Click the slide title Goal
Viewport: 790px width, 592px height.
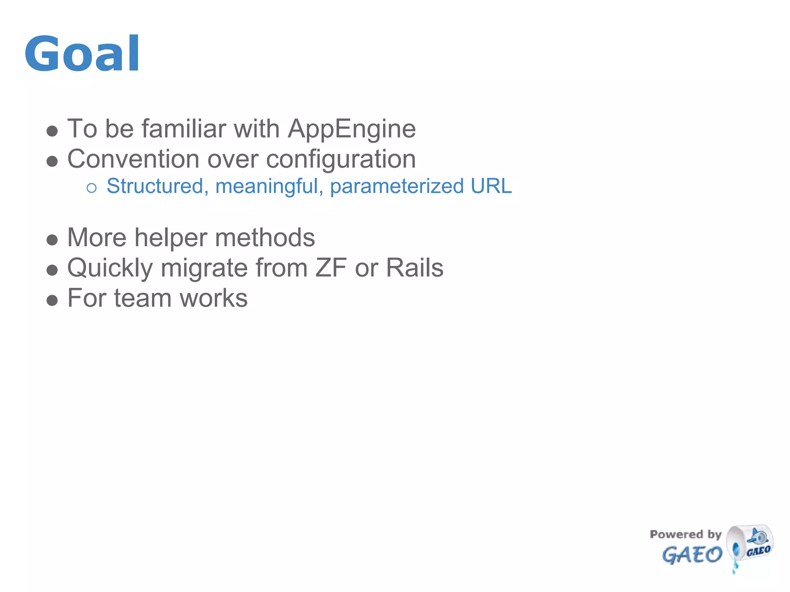tap(82, 54)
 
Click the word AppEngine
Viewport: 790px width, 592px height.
tap(351, 129)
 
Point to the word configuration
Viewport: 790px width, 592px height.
tap(341, 160)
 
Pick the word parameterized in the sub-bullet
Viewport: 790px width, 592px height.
tap(397, 187)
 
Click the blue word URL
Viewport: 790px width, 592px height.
tap(491, 186)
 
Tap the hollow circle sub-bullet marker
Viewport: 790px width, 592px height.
tap(91, 188)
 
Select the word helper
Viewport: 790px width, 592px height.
tap(170, 238)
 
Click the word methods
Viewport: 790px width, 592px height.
tap(265, 237)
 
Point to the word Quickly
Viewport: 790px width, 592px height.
tap(110, 268)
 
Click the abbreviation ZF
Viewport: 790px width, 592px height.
tap(331, 268)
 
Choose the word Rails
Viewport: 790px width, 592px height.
tap(414, 268)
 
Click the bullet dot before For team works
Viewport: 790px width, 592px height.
tap(52, 300)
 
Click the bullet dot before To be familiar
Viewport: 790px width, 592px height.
tap(52, 131)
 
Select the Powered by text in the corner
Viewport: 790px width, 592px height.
tap(685, 534)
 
